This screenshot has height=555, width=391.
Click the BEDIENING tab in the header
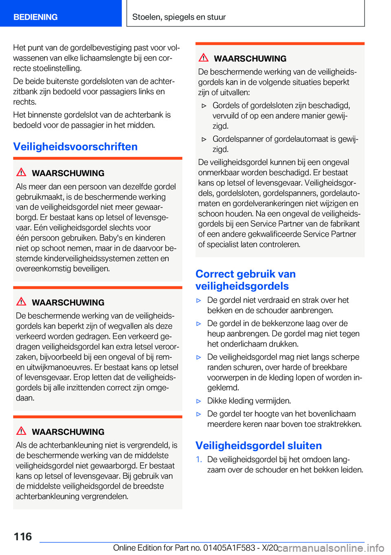pos(35,17)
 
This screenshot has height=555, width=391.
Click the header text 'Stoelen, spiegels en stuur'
pos(179,17)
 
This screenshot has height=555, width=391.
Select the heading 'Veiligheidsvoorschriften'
pos(75,147)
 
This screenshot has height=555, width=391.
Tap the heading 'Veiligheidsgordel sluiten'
pos(259,445)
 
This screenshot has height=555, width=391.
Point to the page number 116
pos(23,537)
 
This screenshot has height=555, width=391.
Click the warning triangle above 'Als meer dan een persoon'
pos(21,172)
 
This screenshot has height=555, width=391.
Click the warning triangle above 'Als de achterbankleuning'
pos(21,431)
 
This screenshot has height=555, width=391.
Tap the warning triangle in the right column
pos(204,58)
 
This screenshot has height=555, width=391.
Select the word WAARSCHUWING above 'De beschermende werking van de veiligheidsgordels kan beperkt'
pos(68,302)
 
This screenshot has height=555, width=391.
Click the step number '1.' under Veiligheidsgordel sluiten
pos(199,460)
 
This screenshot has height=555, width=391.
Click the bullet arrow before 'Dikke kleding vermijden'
pos(199,401)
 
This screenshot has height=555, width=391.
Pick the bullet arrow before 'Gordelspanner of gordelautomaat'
pos(204,139)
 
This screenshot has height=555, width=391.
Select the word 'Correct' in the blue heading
pos(214,274)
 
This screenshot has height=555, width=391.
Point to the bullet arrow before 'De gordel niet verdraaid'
pos(199,301)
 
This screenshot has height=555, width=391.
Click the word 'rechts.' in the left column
pos(25,102)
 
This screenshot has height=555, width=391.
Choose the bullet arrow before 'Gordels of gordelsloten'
pos(204,106)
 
